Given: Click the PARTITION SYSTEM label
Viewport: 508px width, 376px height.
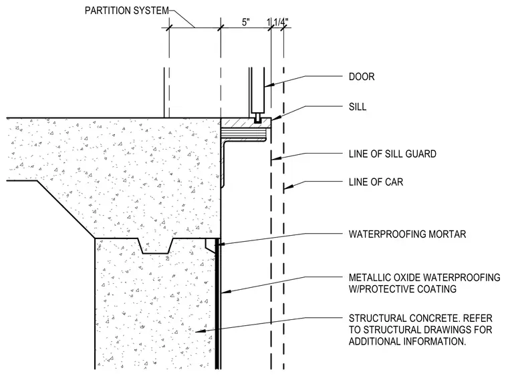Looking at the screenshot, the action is coord(127,11).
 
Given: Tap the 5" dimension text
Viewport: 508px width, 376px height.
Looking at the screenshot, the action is coord(246,22).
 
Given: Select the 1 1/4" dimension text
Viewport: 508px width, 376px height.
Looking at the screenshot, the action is coord(277,22).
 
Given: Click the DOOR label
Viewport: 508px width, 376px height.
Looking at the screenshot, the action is coord(362,77).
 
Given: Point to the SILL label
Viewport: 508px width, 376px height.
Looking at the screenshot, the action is coord(358,107).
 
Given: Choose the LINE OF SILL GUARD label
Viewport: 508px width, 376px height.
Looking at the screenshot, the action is coord(392,154).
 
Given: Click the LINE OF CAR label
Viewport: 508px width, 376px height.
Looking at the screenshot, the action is coord(376,182).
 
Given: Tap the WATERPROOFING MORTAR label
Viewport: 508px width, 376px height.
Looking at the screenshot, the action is coord(407,234).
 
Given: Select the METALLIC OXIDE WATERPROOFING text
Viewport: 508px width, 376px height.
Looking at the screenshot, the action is coord(424,277).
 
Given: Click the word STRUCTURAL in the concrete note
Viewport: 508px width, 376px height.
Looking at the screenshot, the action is coord(376,319).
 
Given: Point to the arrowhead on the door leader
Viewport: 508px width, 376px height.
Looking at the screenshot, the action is coord(268,85).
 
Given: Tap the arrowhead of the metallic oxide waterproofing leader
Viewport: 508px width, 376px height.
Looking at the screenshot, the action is coord(226,292).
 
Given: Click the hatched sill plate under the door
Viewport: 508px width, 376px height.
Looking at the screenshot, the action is coord(246,123).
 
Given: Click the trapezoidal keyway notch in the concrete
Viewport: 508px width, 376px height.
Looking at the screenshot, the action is coord(156,246).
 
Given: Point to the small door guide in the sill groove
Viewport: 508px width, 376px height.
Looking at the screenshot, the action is coord(257,118).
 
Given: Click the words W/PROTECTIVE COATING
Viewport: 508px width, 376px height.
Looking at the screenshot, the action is coord(402,289).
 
